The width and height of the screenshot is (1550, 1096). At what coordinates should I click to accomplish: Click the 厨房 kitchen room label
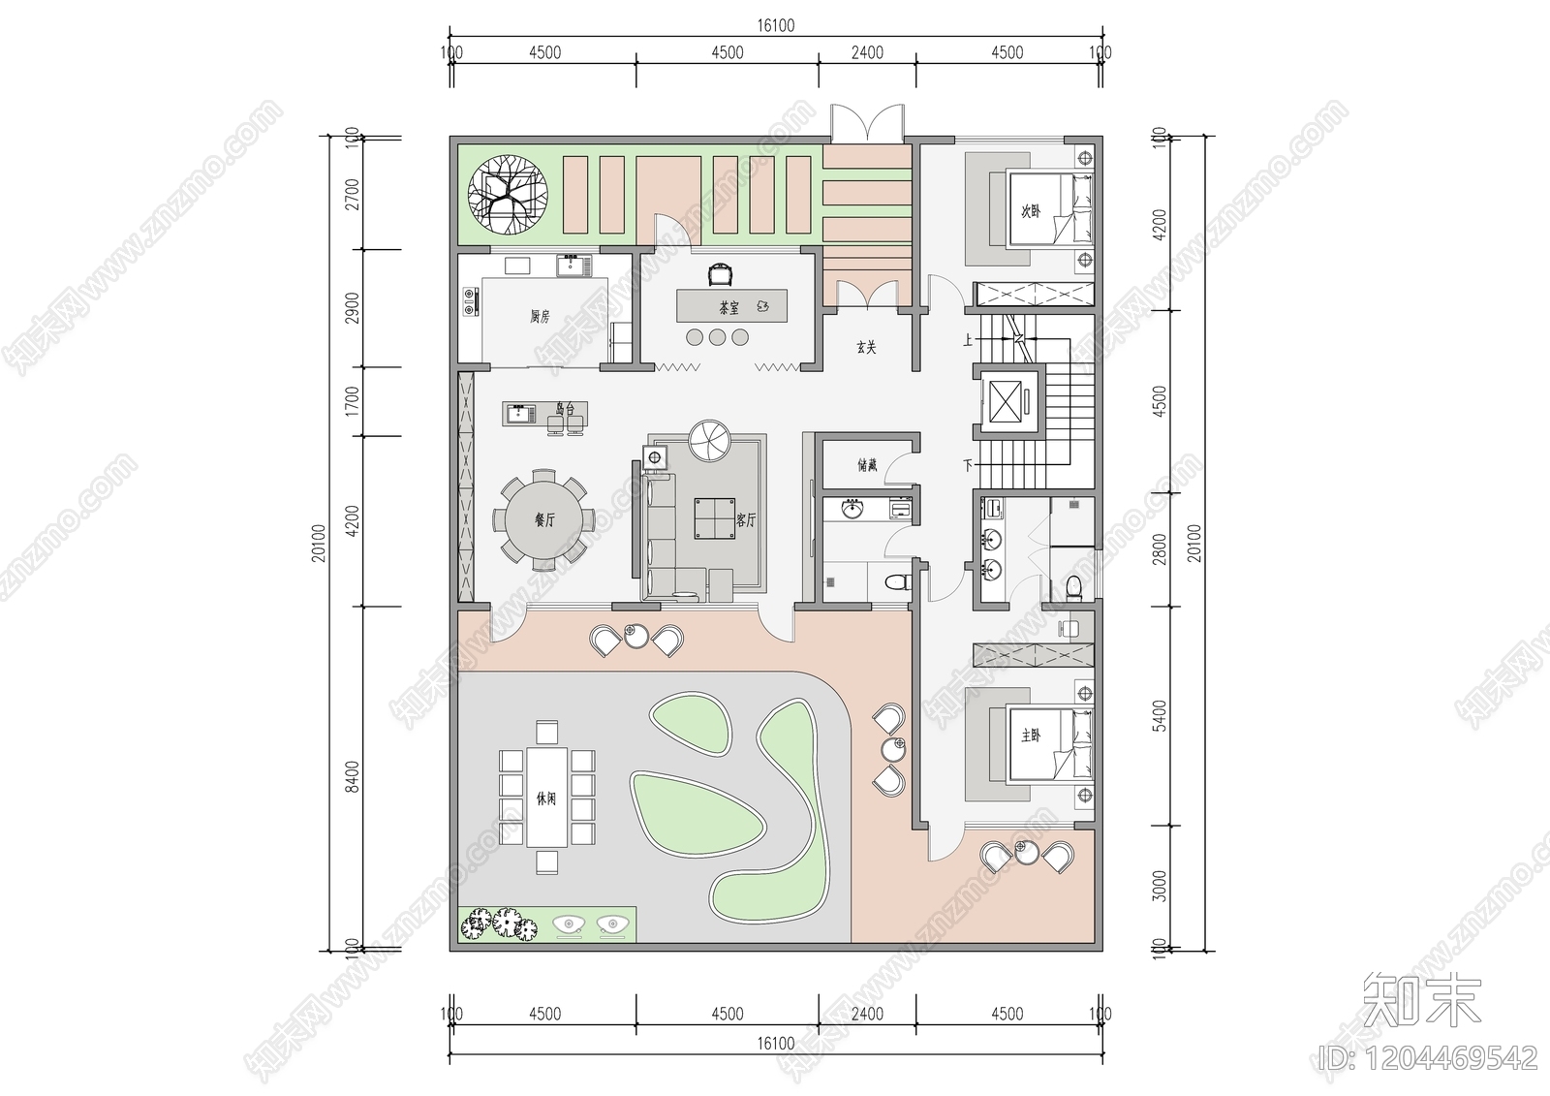click(540, 316)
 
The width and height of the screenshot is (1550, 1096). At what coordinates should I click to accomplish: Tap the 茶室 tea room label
click(728, 307)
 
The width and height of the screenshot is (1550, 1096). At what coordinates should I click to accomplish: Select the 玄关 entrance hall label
click(866, 346)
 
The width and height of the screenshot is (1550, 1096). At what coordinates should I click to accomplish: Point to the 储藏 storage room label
click(867, 465)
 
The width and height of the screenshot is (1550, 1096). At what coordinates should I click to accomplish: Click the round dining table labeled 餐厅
click(543, 519)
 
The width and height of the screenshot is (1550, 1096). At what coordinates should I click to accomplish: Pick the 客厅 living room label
click(745, 519)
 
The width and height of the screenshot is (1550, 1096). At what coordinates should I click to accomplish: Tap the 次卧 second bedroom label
click(1030, 210)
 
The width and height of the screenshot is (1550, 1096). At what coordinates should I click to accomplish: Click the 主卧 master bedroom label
click(1030, 736)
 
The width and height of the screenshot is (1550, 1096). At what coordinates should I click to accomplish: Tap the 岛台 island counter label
click(565, 410)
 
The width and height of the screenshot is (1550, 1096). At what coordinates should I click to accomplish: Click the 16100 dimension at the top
click(775, 26)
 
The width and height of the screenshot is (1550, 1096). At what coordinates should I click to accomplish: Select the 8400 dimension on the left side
click(352, 775)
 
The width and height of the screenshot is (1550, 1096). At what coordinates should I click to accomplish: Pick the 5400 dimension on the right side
click(1160, 717)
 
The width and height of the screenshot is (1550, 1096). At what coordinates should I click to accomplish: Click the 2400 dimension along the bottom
click(867, 1014)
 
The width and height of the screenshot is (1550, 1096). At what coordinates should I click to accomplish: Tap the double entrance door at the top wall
click(868, 125)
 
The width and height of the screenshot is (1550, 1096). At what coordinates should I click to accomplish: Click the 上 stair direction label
click(967, 340)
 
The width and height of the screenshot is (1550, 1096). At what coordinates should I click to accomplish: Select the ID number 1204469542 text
click(1430, 1057)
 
